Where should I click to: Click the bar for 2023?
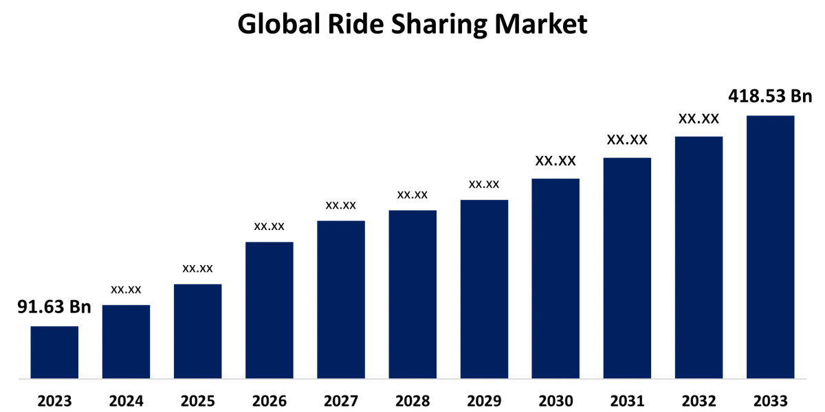pos(54,352)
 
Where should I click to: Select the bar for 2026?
pos(269,309)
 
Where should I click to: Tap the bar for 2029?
pos(484,288)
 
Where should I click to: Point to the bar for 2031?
pos(627,268)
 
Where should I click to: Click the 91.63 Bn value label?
pos(54,307)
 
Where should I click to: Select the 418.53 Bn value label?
pos(771,96)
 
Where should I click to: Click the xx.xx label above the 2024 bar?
pos(126,290)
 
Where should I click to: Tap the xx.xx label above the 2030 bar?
pos(555,161)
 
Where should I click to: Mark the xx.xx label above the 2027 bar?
pos(341,205)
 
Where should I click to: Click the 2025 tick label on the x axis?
pos(197,400)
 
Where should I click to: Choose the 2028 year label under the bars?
pos(412,400)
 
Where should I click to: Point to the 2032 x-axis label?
pos(698,400)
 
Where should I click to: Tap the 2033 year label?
pos(770,400)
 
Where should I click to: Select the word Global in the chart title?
pos(275,25)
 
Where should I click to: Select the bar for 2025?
pos(197,330)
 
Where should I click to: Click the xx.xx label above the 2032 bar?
pos(698,119)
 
